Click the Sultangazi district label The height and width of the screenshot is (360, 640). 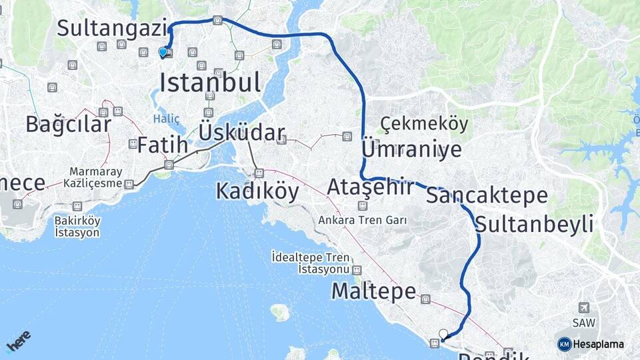(111, 28)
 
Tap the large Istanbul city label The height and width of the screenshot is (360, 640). (210, 83)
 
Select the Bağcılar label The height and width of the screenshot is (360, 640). (68, 123)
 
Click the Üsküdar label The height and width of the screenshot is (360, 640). (242, 132)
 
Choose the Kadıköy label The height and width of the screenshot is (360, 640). (257, 191)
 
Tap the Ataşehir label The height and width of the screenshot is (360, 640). (370, 187)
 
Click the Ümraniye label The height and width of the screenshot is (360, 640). (411, 149)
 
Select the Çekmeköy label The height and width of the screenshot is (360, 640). (424, 124)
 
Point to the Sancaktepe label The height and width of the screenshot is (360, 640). (487, 195)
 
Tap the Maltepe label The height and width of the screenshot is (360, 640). (373, 291)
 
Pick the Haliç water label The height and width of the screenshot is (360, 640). (166, 119)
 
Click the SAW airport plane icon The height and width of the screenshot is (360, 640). (584, 308)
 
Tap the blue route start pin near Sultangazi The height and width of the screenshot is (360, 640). (163, 52)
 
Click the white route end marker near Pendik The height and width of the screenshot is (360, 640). (443, 333)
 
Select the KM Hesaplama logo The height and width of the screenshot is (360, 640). (591, 344)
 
